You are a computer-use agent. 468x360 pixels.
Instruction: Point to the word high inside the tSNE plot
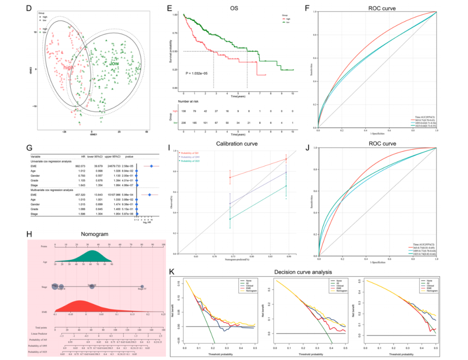pyautogui.click(x=68, y=68)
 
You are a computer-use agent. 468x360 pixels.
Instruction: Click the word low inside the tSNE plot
pyautogui.click(x=114, y=63)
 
